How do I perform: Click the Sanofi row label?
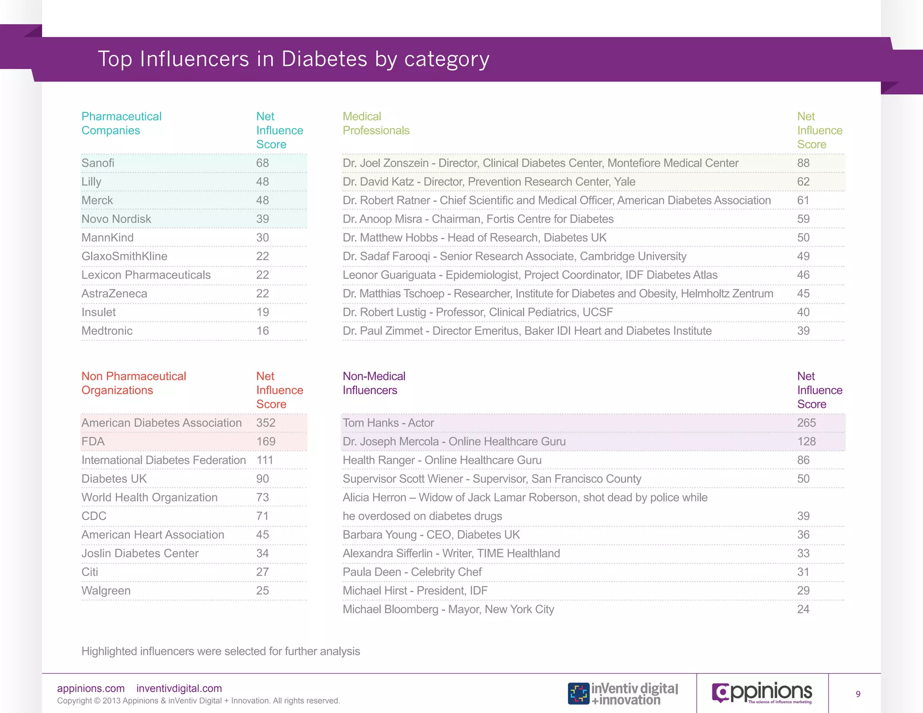tap(98, 163)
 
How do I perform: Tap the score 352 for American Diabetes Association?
tap(265, 423)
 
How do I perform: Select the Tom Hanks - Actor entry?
tap(388, 423)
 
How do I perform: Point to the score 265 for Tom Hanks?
tap(806, 423)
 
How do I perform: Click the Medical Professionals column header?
tap(375, 123)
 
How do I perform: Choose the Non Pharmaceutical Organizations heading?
tap(133, 383)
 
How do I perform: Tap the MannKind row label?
tap(107, 238)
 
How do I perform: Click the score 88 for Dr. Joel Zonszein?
tap(803, 163)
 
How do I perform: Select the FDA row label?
tap(93, 441)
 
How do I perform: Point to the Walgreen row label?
tap(106, 590)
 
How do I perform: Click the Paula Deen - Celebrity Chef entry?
tap(412, 572)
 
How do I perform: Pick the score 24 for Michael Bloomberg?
tap(803, 609)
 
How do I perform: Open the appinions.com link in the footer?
tap(91, 688)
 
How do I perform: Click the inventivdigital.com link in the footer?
tap(179, 688)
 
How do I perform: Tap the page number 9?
tap(858, 694)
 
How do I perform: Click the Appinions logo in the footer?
tap(762, 693)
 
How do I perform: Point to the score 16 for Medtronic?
tap(262, 331)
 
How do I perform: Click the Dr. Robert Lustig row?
tap(478, 312)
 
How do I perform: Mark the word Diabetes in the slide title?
tap(324, 59)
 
